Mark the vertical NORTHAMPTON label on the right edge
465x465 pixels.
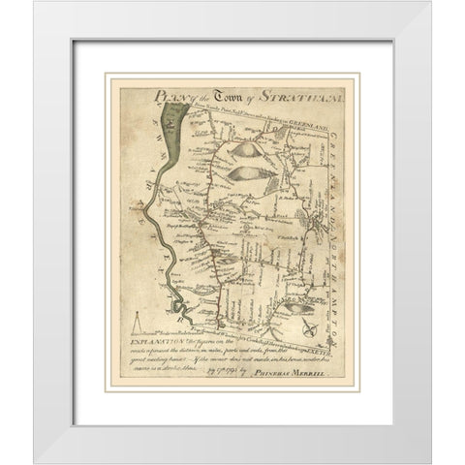tap(333, 266)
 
